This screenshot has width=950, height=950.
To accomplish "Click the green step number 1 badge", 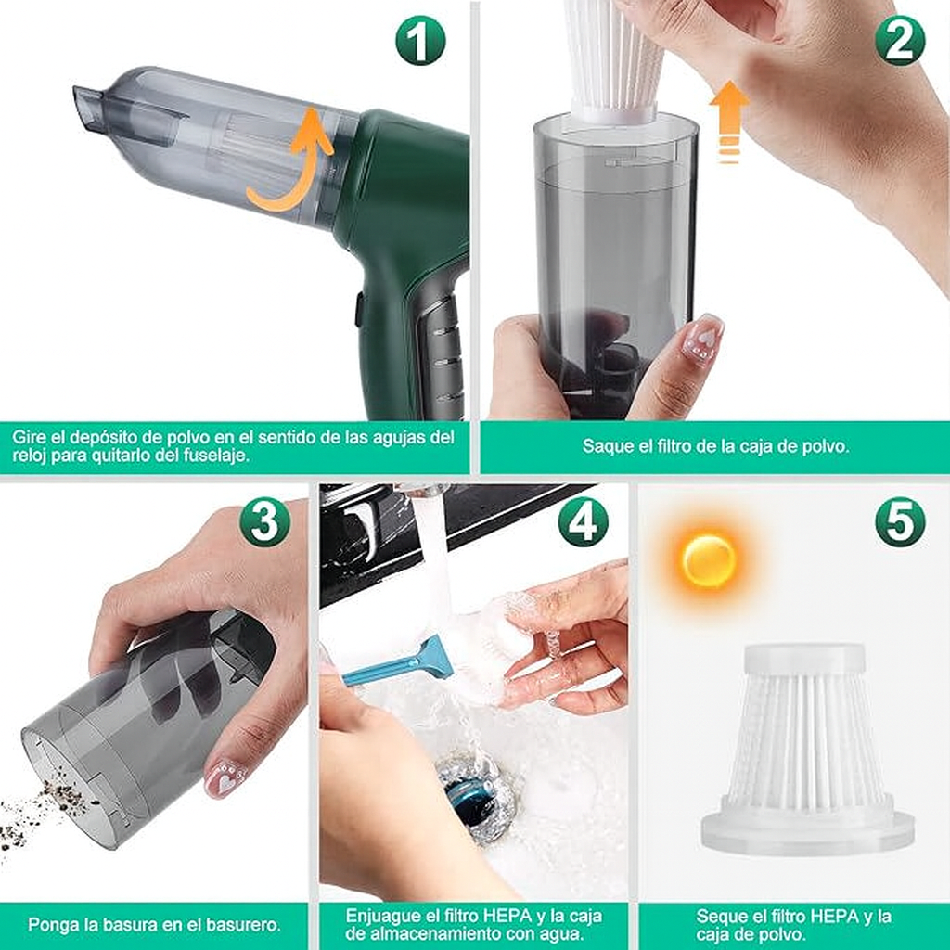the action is pyautogui.click(x=420, y=40).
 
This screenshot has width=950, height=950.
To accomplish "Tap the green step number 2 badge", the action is pyautogui.click(x=900, y=40).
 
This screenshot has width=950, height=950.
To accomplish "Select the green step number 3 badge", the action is pyautogui.click(x=264, y=521).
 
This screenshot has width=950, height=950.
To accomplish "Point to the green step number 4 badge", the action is pyautogui.click(x=583, y=521).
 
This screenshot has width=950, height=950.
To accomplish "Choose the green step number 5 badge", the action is pyautogui.click(x=900, y=521).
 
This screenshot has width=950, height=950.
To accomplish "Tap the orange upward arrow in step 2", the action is pyautogui.click(x=729, y=122).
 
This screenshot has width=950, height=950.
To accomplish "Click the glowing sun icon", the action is pyautogui.click(x=709, y=560).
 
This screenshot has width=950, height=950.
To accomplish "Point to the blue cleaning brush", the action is pyautogui.click(x=398, y=662).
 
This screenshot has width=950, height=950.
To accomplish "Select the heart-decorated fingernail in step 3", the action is pyautogui.click(x=225, y=778).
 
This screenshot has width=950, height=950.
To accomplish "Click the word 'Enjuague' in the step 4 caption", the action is pyautogui.click(x=383, y=917).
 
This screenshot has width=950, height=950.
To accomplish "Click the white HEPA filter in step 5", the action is pyautogui.click(x=808, y=749).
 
